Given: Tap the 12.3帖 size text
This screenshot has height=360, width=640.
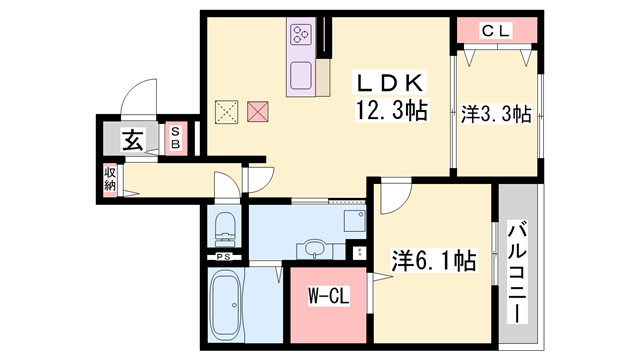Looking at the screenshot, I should pos(388,111).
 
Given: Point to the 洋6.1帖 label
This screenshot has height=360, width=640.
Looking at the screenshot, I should pos(431,262).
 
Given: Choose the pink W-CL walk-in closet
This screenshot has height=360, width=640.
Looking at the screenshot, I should pos(327,297).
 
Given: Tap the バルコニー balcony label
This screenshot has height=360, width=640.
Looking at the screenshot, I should pos(518,270).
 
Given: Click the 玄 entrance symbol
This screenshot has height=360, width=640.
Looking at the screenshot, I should pos(132,141).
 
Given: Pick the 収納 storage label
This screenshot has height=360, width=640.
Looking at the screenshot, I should pos(110,180).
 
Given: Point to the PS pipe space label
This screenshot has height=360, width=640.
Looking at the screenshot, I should pos(222,256).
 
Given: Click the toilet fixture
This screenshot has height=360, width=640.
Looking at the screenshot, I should pos(225,228).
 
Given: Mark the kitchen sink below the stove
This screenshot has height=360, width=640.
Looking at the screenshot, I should pos(300,76).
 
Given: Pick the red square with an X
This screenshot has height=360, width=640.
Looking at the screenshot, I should pos(259,111).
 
